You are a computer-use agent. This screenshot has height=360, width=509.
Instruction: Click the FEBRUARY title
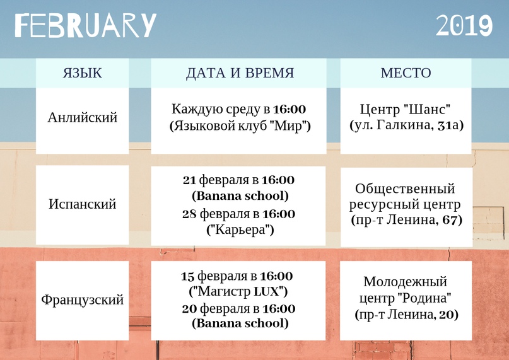[86, 25]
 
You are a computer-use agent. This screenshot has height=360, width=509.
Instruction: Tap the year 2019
[464, 25]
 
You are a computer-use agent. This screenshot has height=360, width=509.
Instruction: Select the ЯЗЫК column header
[83, 73]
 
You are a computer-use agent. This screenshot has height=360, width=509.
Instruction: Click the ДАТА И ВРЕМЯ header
[240, 73]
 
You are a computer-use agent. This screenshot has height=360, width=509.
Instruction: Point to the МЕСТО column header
[406, 73]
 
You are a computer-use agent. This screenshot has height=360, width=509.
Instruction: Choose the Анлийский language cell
[83, 117]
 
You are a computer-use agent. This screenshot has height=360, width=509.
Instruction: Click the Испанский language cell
[83, 204]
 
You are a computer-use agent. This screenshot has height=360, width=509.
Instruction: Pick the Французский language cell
[83, 299]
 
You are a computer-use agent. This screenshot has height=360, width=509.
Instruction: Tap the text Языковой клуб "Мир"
[240, 125]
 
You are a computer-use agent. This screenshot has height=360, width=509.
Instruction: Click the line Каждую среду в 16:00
[238, 109]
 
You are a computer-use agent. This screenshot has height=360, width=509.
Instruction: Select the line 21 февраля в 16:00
[238, 180]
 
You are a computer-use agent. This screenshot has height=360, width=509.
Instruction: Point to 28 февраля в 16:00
[238, 214]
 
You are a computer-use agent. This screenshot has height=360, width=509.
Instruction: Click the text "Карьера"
[240, 230]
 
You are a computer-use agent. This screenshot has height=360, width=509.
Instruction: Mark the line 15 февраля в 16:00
[237, 276]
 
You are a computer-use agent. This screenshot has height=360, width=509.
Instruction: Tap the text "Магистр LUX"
[238, 291]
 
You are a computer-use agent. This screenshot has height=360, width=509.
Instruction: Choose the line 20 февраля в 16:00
[238, 308]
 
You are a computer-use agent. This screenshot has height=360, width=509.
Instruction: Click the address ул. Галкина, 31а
[406, 125]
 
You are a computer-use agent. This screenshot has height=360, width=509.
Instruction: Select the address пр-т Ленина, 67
[406, 220]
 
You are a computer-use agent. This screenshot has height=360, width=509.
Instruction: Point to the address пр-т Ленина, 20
[406, 314]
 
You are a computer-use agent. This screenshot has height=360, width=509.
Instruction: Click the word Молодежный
[406, 282]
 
